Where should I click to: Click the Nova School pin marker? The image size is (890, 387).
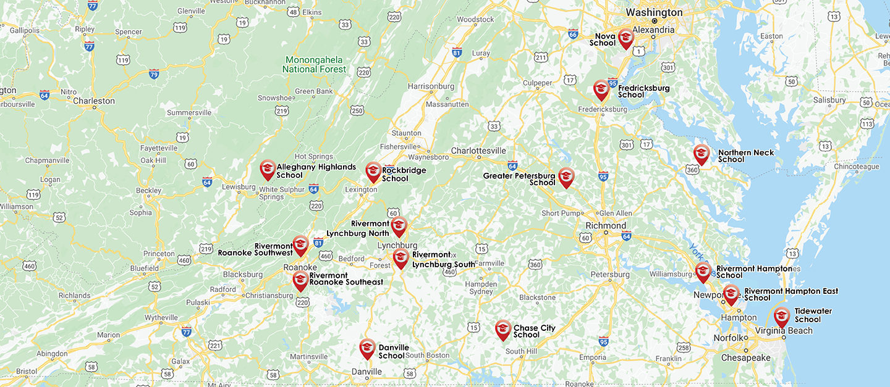(625, 38)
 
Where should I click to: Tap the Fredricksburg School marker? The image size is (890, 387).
(601, 89)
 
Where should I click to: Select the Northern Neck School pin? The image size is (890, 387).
(701, 154)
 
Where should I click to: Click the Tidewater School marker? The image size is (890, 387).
(782, 316)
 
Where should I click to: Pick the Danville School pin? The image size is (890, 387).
(367, 348)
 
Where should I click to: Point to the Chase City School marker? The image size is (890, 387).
(503, 329)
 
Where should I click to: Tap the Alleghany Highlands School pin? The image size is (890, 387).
(268, 169)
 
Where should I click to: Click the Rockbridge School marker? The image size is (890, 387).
(373, 171)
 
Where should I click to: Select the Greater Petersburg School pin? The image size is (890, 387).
(566, 177)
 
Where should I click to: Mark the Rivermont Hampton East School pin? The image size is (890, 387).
(731, 294)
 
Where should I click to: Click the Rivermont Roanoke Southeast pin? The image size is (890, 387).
(300, 280)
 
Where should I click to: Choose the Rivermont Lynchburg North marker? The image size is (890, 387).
(399, 226)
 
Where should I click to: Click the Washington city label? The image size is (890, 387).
(654, 12)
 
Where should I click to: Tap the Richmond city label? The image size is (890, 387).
(606, 226)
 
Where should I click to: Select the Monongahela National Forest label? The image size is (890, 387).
(314, 65)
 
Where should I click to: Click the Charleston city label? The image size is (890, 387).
(93, 101)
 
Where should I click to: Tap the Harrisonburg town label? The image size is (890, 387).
(431, 86)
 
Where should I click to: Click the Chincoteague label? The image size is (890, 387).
(856, 167)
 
